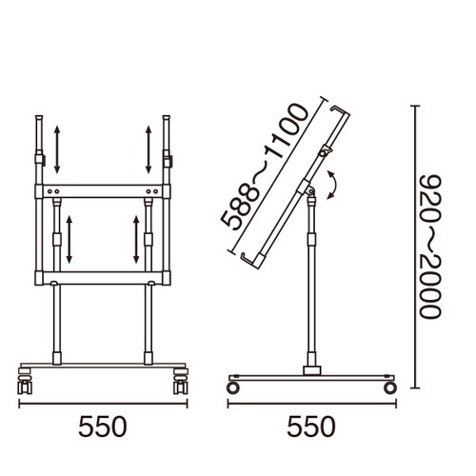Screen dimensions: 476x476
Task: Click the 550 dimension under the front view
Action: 103,426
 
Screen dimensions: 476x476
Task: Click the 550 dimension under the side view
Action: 311,426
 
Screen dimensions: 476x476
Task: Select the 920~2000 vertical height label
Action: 430,246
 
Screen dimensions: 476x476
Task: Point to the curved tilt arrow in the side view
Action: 335,185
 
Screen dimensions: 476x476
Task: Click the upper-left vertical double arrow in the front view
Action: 57,149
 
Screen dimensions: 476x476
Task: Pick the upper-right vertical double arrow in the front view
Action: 149,149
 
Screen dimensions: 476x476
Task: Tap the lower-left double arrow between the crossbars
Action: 69,239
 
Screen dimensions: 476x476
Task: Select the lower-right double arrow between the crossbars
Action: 136,239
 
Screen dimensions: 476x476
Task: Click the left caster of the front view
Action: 25,381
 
